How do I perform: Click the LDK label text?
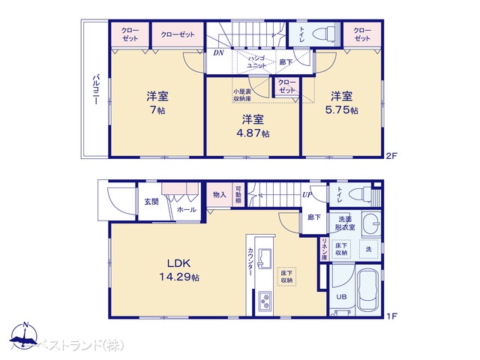[x=179, y=263]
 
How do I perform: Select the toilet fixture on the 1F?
[x=361, y=193]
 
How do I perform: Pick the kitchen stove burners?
[x=266, y=302]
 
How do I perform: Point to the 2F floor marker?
[x=390, y=156]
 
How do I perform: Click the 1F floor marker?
[x=390, y=316]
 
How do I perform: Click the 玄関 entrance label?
[x=151, y=201]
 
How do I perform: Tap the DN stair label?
[x=218, y=53]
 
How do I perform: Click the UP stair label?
[x=307, y=195]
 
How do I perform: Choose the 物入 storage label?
[x=219, y=193]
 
